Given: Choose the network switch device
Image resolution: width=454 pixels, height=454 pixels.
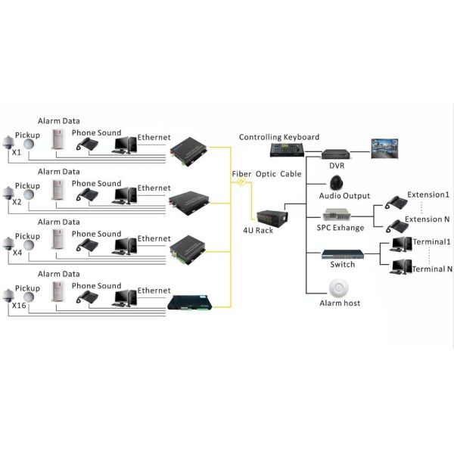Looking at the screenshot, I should click(338, 253).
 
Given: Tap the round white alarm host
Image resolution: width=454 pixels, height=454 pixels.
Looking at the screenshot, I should click(338, 287).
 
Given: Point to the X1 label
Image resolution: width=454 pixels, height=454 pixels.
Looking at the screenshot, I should click(16, 152).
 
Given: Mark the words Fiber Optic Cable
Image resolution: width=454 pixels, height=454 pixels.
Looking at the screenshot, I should click(266, 174).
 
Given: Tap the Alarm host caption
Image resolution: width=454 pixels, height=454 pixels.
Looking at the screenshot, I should click(340, 303).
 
